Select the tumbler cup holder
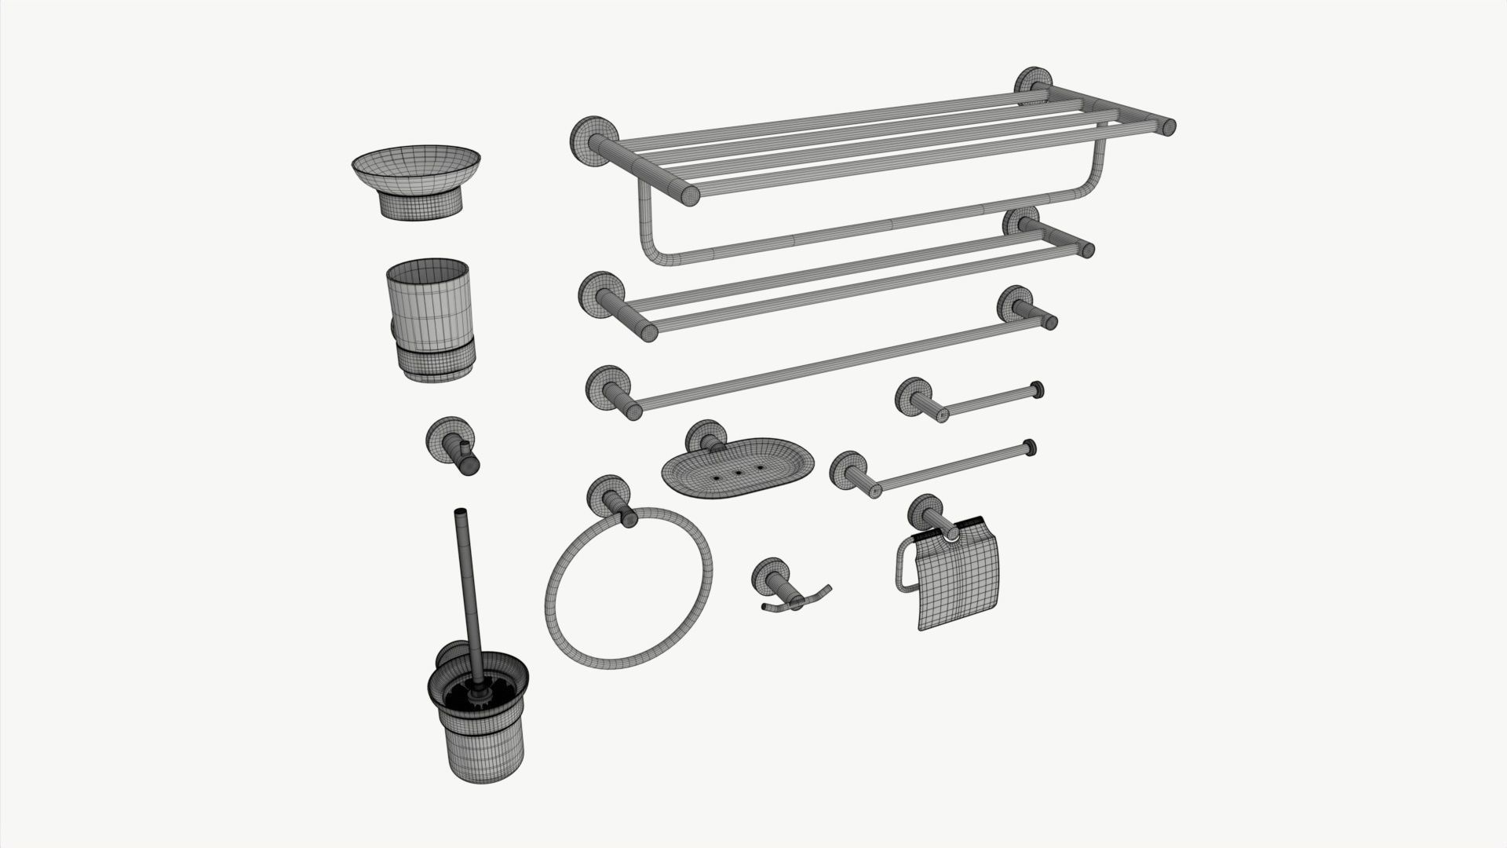click(429, 318)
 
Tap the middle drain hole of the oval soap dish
click(738, 473)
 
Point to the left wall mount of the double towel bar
click(600, 294)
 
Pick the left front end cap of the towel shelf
click(689, 196)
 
